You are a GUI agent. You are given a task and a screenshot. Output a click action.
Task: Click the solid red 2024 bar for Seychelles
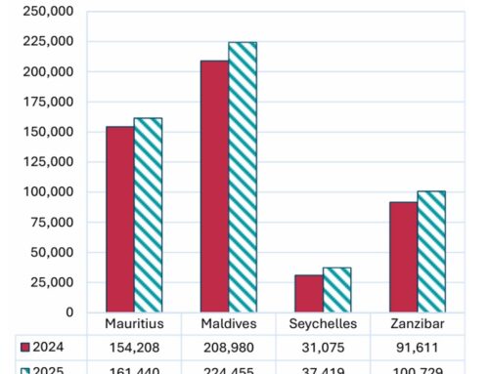(309, 294)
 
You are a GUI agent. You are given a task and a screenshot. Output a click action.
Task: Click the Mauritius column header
(134, 324)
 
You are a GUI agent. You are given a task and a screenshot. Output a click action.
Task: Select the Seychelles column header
(323, 324)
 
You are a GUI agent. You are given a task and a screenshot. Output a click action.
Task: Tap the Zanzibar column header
(418, 324)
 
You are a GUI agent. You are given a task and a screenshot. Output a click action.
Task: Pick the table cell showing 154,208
(134, 346)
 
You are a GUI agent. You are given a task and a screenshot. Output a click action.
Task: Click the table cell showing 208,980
(229, 346)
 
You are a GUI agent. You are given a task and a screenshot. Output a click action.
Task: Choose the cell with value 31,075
(323, 346)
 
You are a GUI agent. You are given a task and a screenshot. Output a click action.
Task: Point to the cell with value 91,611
(418, 346)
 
